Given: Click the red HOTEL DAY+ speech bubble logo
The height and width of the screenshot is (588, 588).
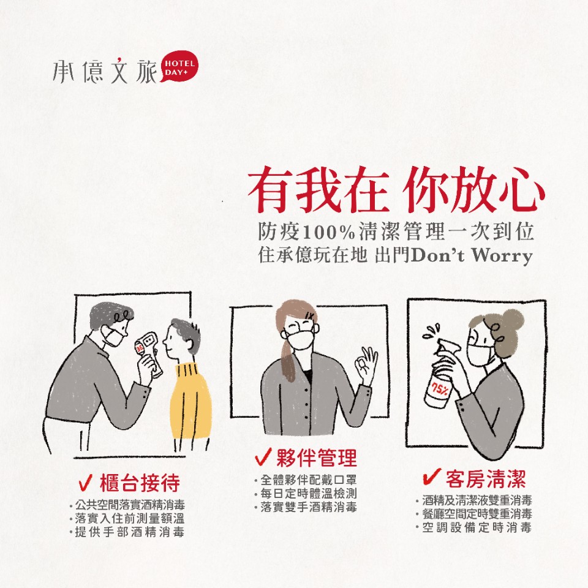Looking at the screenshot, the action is [179, 67].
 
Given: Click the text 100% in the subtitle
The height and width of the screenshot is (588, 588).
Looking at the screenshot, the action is [328, 233].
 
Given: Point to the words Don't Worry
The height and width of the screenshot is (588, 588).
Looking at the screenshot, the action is [472, 256].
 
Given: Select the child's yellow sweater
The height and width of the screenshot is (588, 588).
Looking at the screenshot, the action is [190, 401].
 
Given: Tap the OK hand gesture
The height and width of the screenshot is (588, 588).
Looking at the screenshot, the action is [366, 365].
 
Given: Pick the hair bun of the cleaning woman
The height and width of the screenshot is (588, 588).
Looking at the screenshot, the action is [511, 321].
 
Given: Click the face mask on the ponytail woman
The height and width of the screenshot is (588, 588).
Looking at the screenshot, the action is [303, 340].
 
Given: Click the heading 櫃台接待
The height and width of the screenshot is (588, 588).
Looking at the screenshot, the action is [140, 483].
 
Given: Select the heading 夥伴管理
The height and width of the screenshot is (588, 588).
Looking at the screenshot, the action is [317, 458].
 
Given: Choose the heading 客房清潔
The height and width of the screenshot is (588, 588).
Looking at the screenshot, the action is [486, 479].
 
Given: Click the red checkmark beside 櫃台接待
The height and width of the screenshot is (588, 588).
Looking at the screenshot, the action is [86, 482].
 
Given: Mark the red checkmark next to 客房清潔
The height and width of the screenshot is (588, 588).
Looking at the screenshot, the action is [431, 477].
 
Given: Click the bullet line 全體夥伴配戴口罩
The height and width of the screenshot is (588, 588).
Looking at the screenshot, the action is [305, 480].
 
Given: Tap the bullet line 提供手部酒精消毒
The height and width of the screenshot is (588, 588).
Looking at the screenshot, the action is [127, 532].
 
